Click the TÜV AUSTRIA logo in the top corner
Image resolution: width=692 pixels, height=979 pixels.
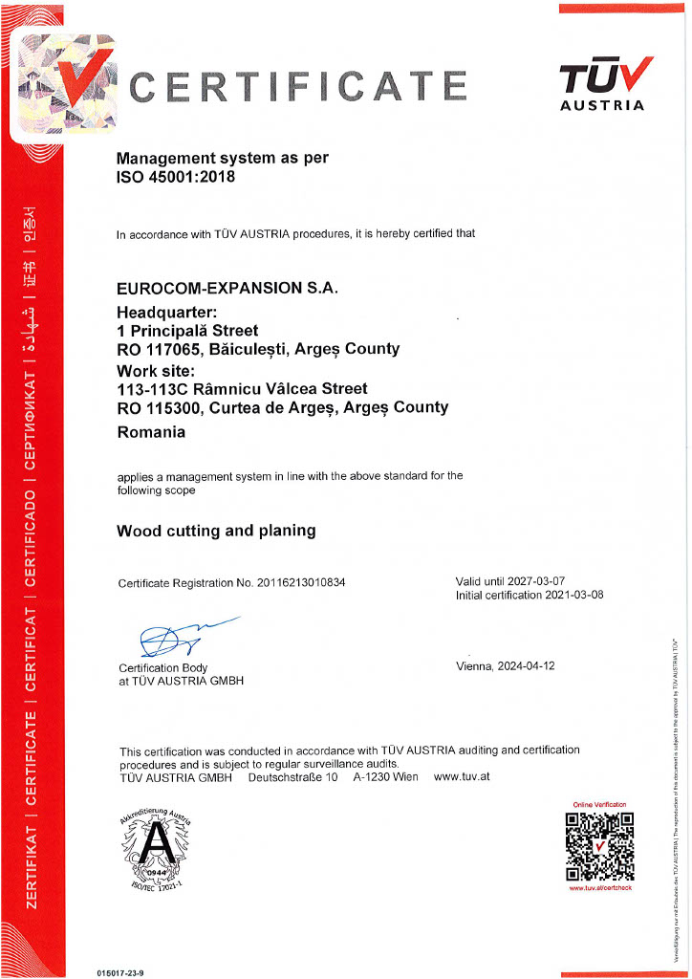point(606,84)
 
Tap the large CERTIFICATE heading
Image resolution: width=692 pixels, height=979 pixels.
point(298,88)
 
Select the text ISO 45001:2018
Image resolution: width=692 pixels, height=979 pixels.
point(175,176)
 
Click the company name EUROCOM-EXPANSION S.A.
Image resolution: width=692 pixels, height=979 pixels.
point(227,287)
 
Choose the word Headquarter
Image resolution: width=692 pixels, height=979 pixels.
point(164,311)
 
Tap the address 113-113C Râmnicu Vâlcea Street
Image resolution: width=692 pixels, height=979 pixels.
point(242,389)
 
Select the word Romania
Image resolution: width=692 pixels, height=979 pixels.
point(151,431)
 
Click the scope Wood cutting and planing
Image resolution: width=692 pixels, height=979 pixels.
point(216,530)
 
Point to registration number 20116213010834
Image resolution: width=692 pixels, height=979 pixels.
point(292,583)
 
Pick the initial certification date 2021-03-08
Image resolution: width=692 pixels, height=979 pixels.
point(569,595)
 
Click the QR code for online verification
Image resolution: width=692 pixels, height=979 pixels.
point(600,846)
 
